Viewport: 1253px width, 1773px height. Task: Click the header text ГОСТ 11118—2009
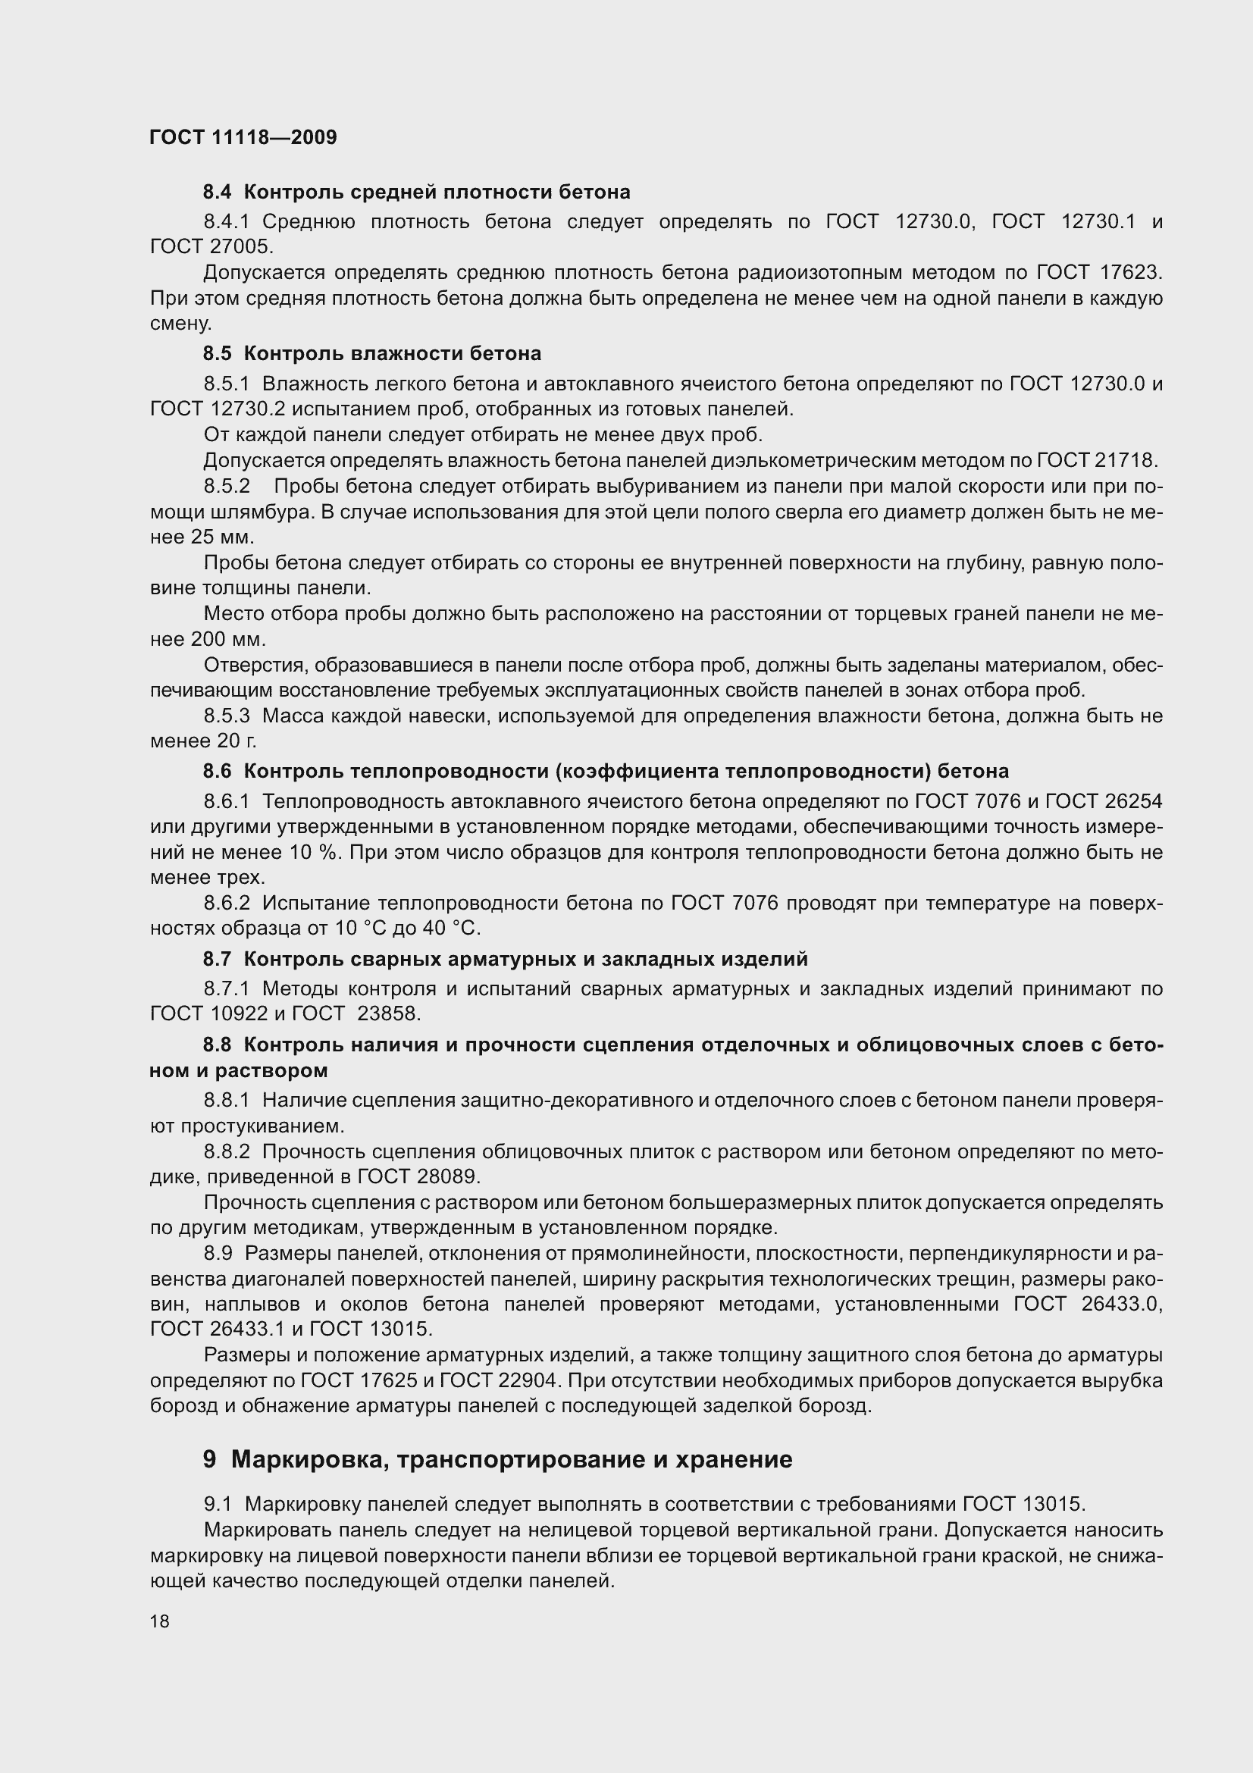pos(243,137)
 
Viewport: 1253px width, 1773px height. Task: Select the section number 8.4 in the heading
pos(218,192)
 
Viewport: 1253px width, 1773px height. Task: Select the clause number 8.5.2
pos(227,487)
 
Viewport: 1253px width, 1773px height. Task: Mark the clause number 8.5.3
pos(227,716)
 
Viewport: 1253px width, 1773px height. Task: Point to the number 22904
pos(510,1380)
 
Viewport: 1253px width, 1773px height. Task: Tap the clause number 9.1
pos(218,1503)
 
